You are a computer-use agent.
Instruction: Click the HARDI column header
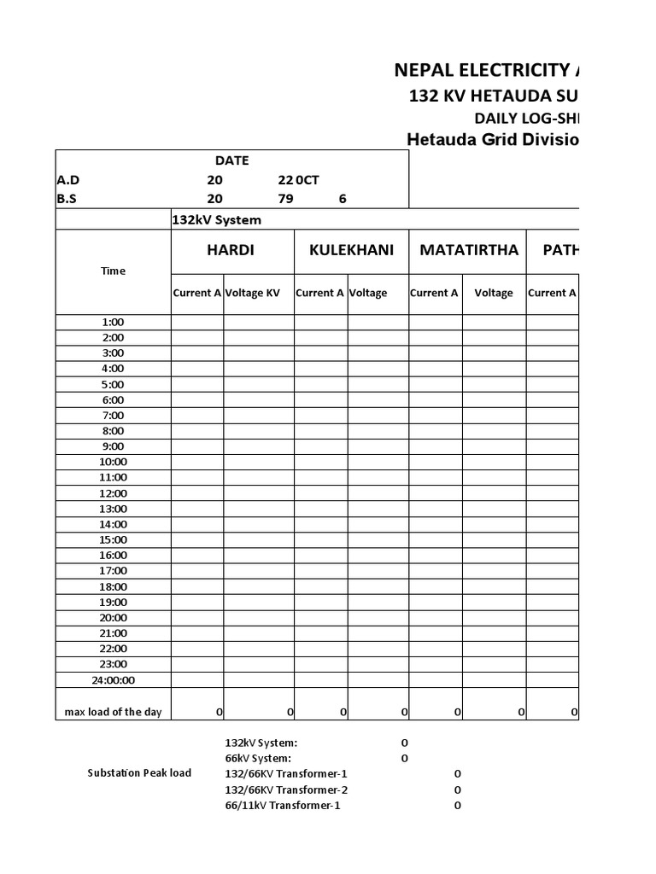click(x=231, y=250)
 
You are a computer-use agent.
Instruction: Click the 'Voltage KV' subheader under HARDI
click(x=252, y=293)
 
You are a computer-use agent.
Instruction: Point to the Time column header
click(x=113, y=271)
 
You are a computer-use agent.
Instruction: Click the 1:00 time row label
click(x=113, y=323)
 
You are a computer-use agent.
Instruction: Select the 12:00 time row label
click(x=113, y=493)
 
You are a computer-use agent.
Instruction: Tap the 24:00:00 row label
click(x=113, y=680)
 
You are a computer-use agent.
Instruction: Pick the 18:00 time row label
click(x=113, y=586)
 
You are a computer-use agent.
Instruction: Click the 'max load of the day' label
click(x=113, y=712)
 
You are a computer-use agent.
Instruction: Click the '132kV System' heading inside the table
click(x=217, y=220)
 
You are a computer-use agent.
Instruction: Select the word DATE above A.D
click(x=231, y=160)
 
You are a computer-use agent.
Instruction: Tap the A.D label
click(x=67, y=180)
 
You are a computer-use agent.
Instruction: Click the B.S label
click(x=67, y=199)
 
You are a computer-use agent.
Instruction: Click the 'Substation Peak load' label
click(x=139, y=773)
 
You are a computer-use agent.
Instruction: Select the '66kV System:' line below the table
click(x=257, y=758)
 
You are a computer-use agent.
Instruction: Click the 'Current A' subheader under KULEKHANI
click(x=320, y=293)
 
